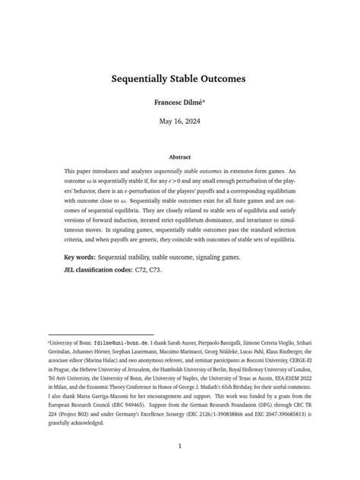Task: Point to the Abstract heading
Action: tap(180, 157)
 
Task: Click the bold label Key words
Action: tap(83, 257)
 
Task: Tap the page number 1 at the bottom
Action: tap(180, 446)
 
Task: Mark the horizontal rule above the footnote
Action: tap(100, 333)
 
